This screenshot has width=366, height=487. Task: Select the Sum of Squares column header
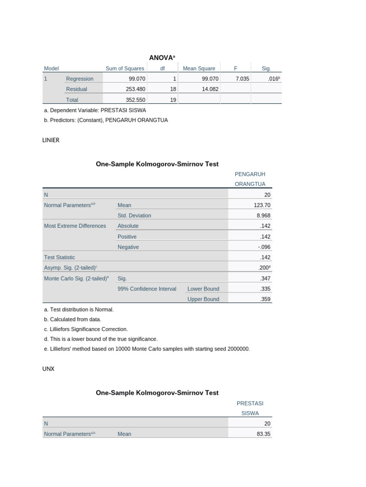point(125,68)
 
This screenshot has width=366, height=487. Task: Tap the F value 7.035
point(242,79)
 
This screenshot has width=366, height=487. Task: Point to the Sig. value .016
point(273,79)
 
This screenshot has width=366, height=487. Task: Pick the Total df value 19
point(173,100)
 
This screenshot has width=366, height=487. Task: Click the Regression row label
point(80,79)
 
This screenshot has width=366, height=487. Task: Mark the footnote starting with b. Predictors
point(105,120)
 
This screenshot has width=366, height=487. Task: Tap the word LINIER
point(51,140)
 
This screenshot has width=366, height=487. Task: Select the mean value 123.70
point(262,205)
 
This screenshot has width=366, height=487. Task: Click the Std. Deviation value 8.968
point(264,215)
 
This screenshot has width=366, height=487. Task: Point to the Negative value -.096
point(264,247)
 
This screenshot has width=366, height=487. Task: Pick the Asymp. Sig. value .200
point(265,268)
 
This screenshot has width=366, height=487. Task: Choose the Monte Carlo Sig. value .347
point(265,278)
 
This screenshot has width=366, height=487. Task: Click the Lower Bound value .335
point(265,289)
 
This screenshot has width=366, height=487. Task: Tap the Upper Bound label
point(203,299)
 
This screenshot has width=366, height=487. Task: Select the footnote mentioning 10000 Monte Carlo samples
point(146,349)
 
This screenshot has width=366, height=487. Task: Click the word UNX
point(49,369)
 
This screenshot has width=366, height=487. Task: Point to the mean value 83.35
point(264,434)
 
